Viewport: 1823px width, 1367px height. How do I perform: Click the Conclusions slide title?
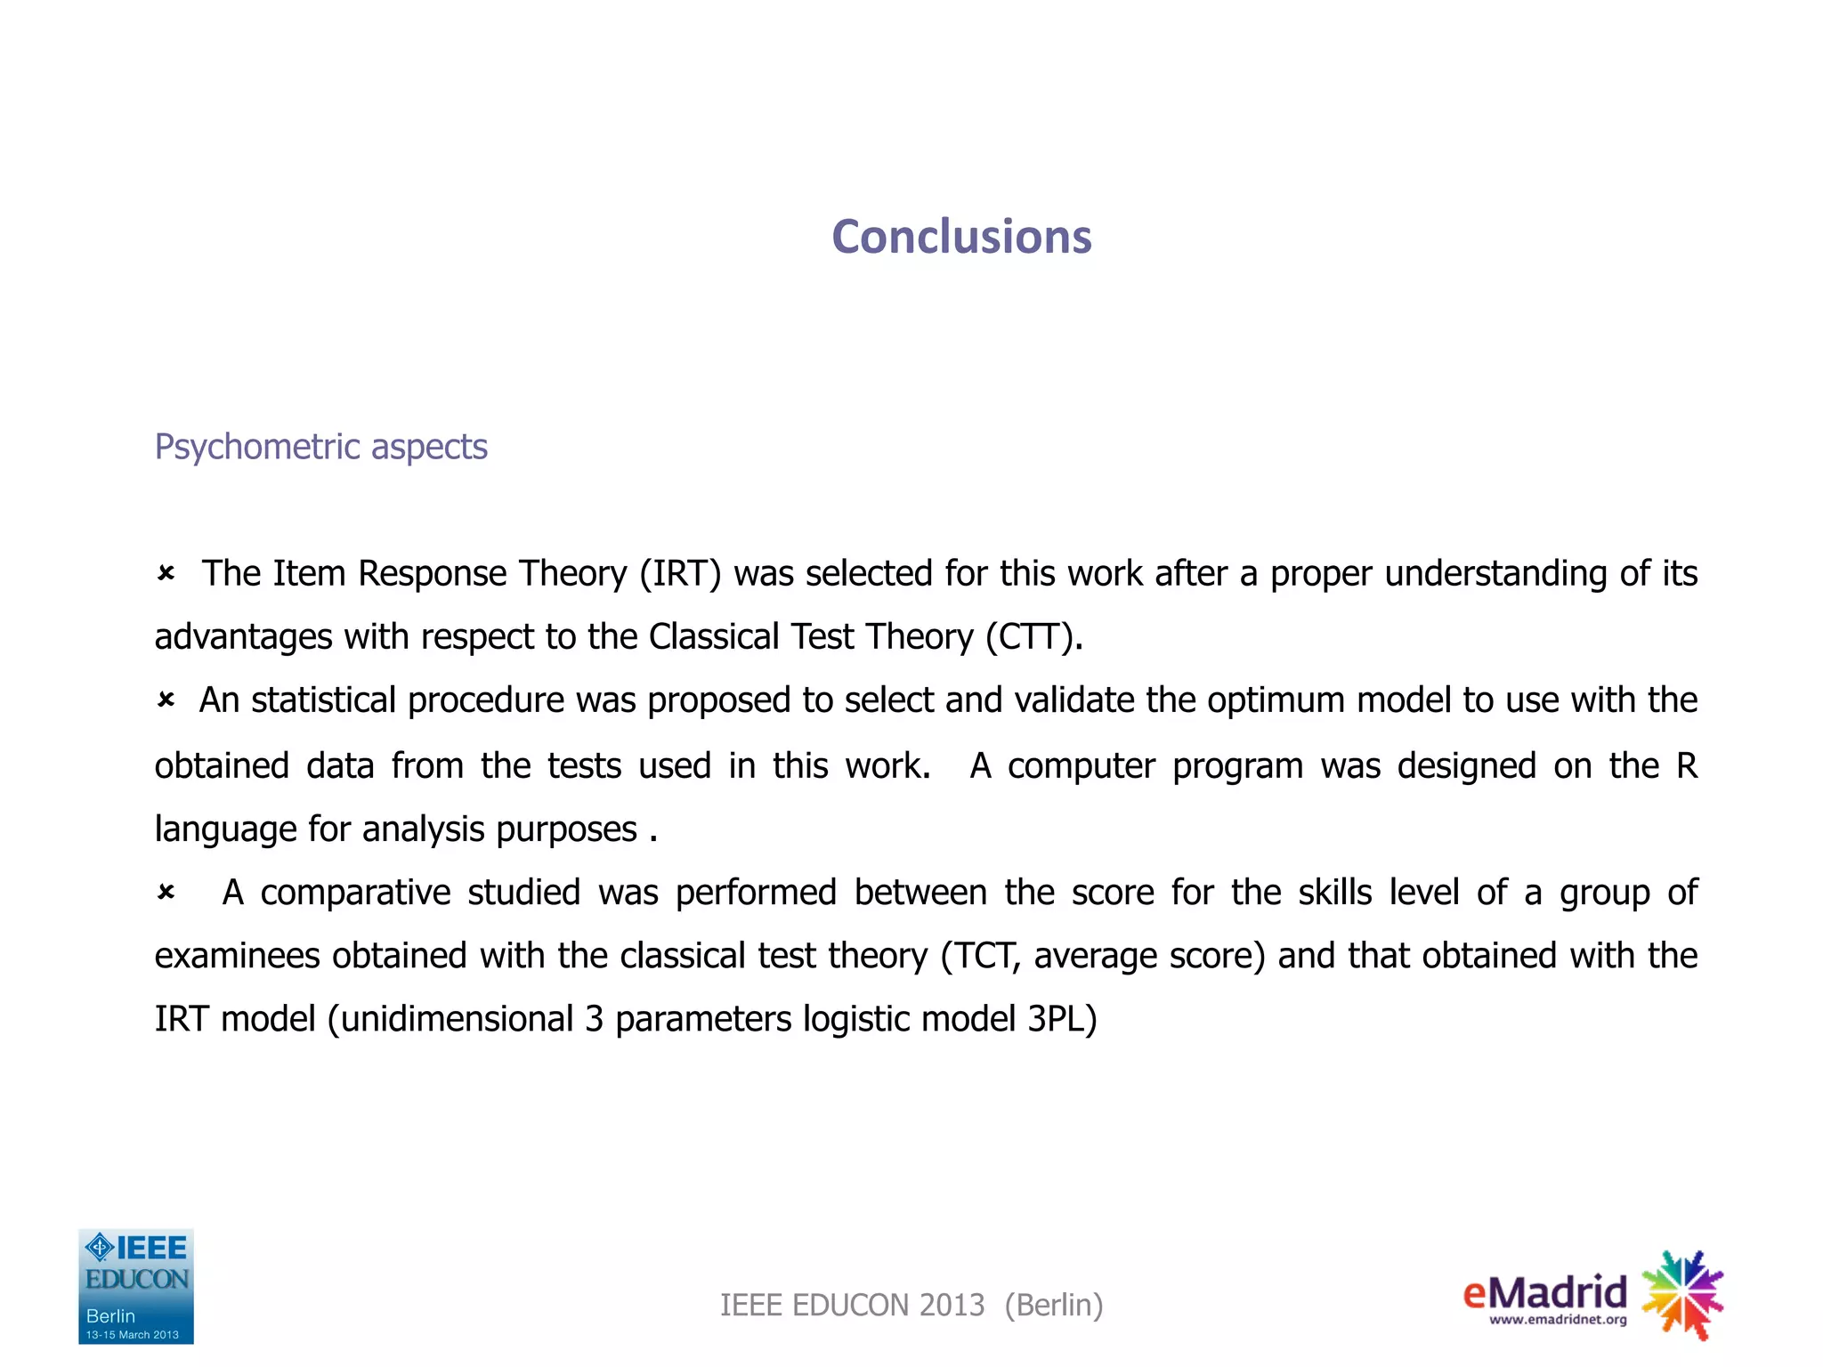[x=961, y=237]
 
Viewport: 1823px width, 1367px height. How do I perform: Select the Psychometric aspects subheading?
[x=320, y=447]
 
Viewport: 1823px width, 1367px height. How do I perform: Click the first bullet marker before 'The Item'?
[x=166, y=574]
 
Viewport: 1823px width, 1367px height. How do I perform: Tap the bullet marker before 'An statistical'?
[x=166, y=701]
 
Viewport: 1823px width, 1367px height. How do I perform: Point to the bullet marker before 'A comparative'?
[x=166, y=892]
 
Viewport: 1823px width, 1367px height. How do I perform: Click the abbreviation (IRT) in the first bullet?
[x=680, y=574]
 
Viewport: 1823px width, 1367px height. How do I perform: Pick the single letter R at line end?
[x=1686, y=765]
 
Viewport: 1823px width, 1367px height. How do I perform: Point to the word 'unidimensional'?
[x=457, y=1019]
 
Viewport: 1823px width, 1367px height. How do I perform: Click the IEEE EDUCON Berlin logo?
[x=136, y=1286]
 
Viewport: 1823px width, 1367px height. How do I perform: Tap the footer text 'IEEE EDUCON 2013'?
[x=852, y=1306]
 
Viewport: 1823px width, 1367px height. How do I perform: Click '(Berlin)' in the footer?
[x=1054, y=1306]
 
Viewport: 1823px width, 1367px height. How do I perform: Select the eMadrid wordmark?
[x=1544, y=1291]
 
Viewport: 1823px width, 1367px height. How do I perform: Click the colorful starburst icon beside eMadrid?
[x=1681, y=1295]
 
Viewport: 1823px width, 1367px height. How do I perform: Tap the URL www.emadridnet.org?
[x=1558, y=1320]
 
